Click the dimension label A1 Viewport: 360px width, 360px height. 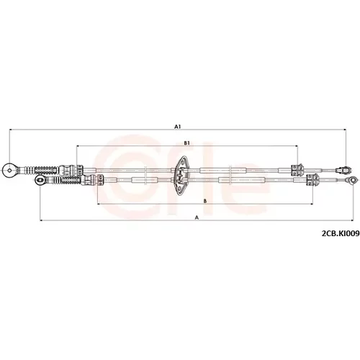pos(177,126)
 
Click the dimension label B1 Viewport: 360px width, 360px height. pos(186,143)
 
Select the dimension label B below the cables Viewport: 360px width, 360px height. pos(204,201)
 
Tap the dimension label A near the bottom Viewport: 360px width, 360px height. pos(197,217)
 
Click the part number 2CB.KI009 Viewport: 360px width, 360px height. pos(341,233)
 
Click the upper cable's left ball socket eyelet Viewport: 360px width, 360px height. pos(9,171)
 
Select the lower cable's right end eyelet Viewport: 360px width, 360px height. pos(351,180)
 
